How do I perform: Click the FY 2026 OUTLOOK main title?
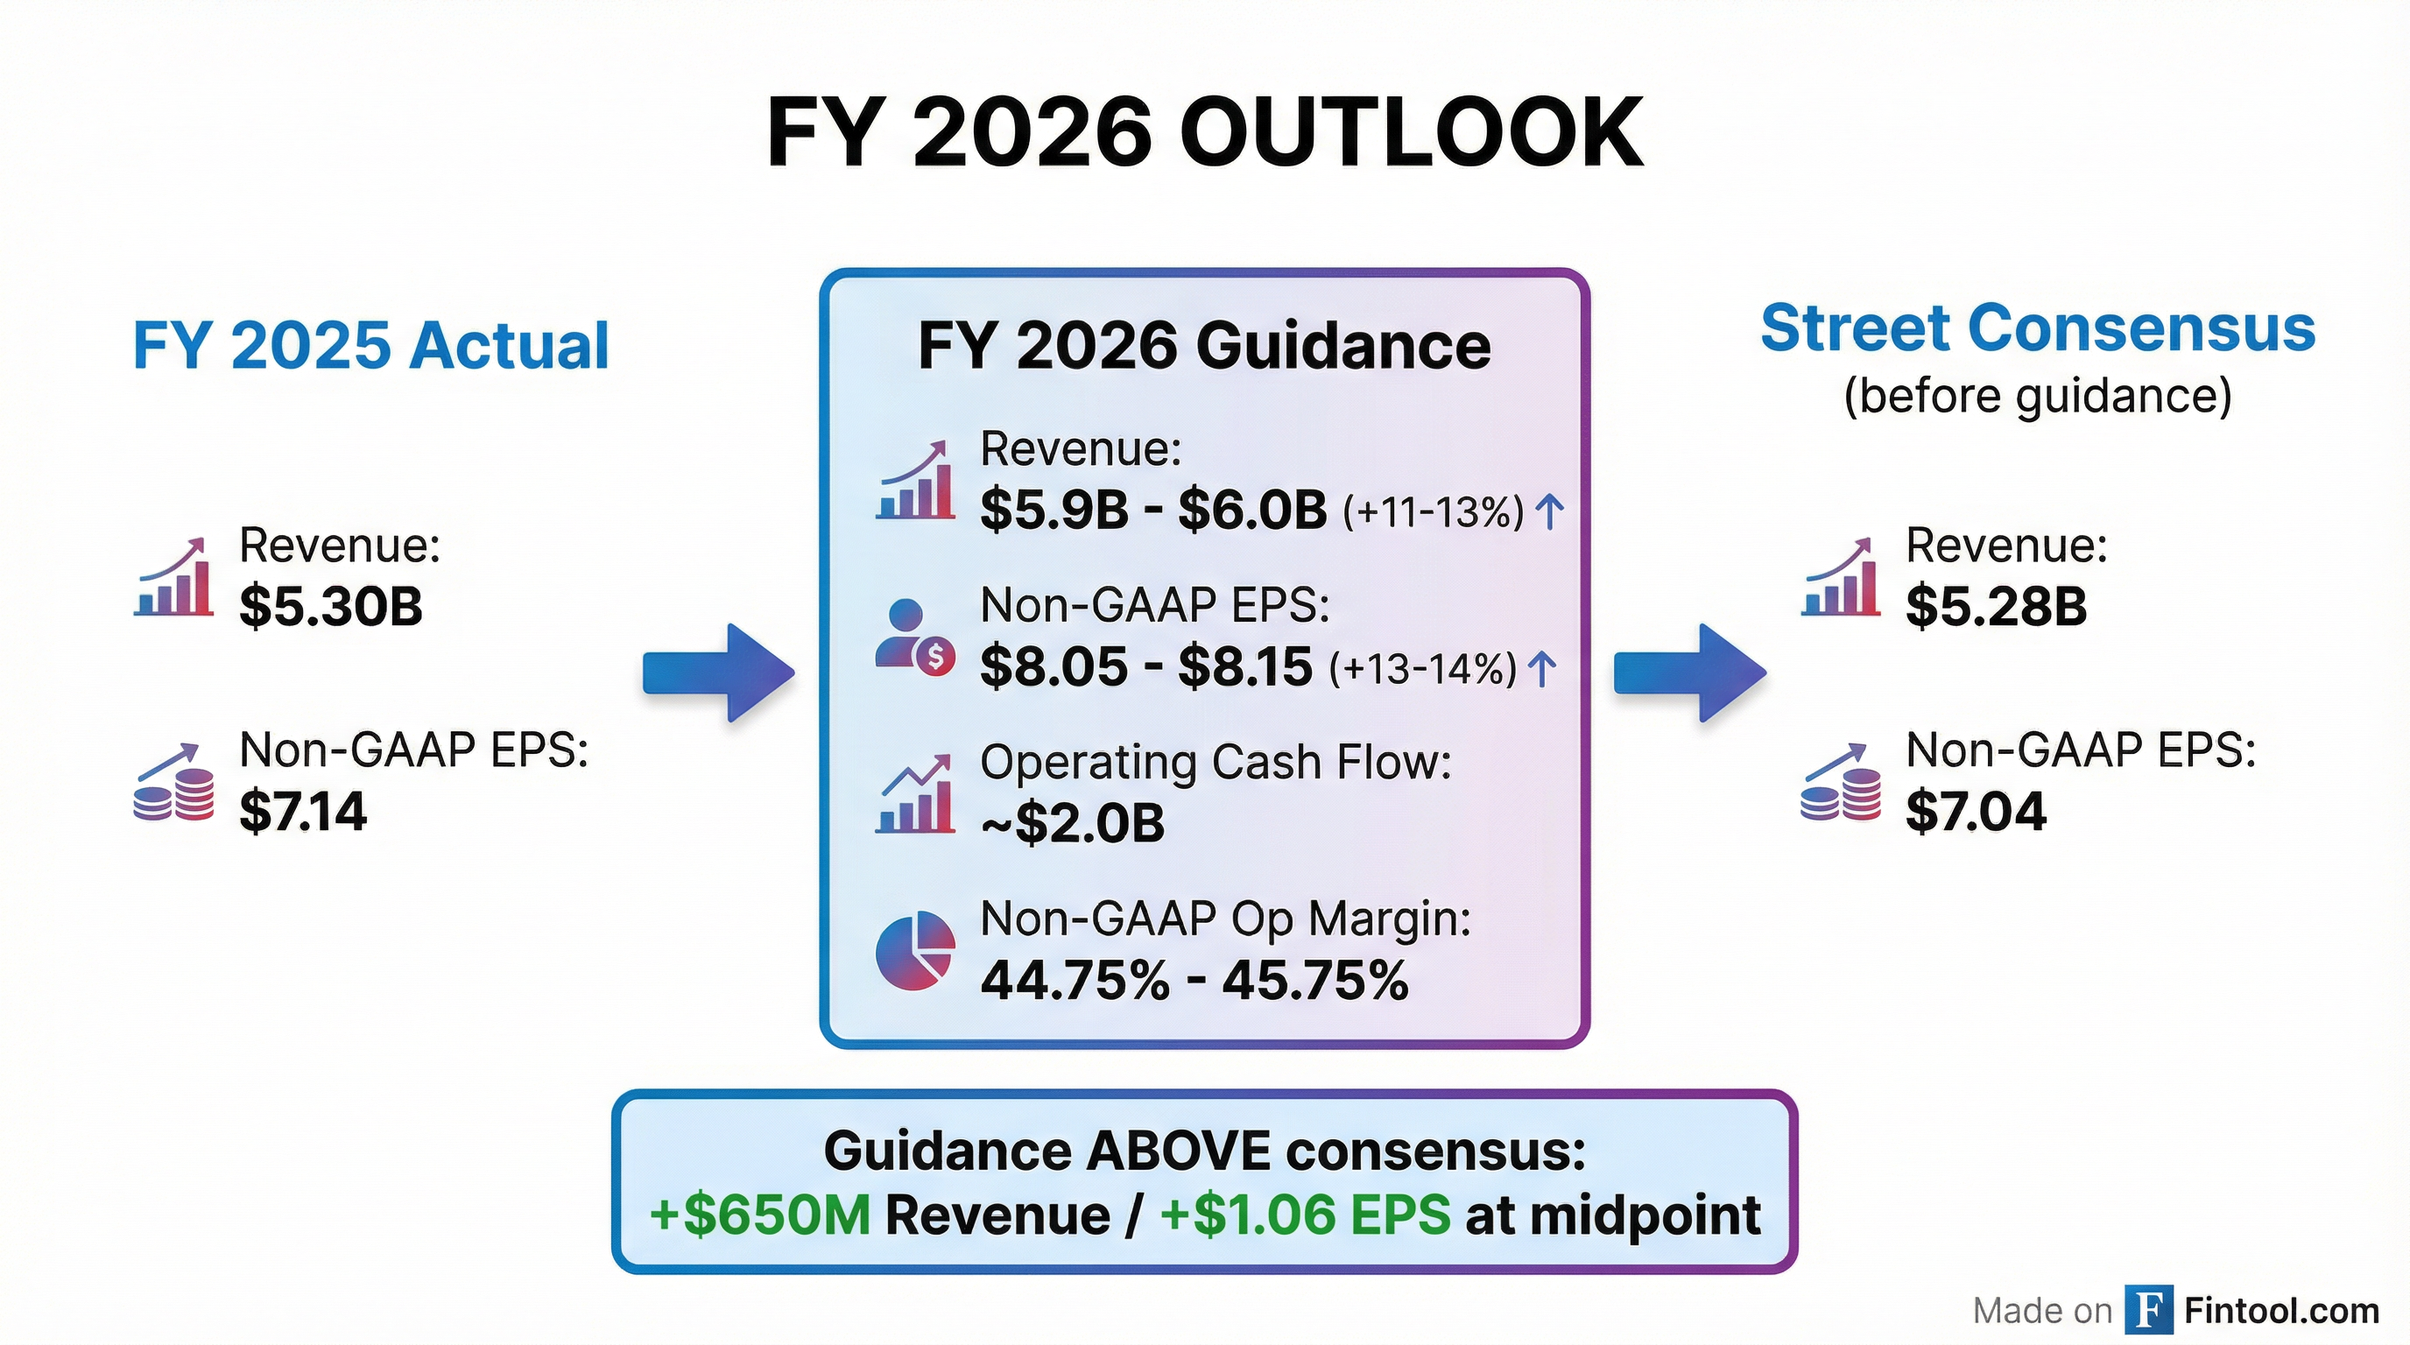(1205, 133)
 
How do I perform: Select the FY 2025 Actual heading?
(371, 345)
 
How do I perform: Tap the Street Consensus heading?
(2038, 328)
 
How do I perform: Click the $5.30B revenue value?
(331, 606)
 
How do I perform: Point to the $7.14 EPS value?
(303, 810)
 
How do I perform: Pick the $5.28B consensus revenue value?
(1997, 606)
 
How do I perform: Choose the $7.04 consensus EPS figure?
(1976, 810)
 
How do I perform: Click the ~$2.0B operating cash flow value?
(1072, 823)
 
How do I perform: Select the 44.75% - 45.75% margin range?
(1194, 980)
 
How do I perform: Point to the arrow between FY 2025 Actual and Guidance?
(718, 672)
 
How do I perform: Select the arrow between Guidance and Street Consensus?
(1689, 672)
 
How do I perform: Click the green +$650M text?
(759, 1215)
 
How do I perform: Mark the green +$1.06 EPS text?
(1305, 1215)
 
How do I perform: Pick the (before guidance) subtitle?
(2038, 396)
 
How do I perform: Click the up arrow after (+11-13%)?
(1550, 511)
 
